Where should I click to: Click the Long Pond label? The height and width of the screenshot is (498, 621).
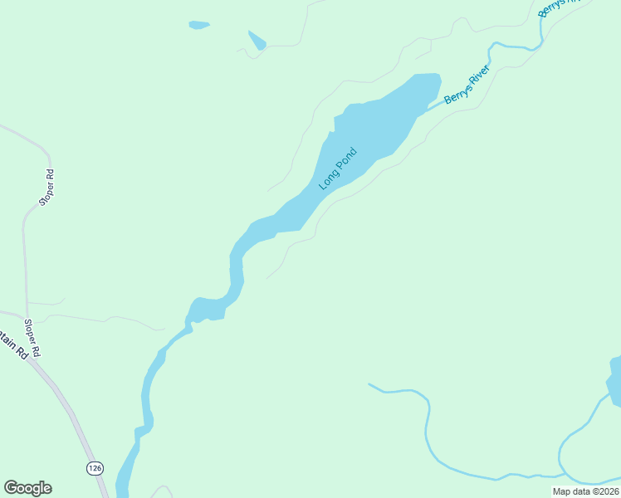(x=338, y=168)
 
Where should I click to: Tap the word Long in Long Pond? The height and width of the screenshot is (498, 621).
(x=330, y=179)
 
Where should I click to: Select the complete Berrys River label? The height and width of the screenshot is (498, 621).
(x=467, y=84)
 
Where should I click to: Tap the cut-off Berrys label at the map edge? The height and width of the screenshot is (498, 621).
(x=551, y=7)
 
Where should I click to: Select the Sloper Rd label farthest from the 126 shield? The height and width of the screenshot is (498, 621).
(x=46, y=188)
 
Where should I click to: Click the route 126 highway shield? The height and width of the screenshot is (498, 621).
(x=95, y=468)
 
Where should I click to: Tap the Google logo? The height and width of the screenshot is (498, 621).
(x=27, y=488)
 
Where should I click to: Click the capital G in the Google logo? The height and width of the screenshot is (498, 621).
(x=11, y=488)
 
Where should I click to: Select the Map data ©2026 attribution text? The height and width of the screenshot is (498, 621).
(x=585, y=491)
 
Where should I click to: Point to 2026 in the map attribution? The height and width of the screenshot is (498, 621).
(x=605, y=491)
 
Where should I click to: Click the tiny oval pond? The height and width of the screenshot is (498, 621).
(x=199, y=25)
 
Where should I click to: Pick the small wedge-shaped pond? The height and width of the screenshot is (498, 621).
(x=257, y=41)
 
